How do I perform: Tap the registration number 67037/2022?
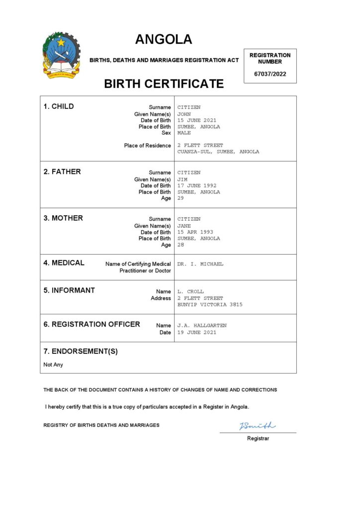pyautogui.click(x=270, y=74)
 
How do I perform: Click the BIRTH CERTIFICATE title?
pyautogui.click(x=164, y=84)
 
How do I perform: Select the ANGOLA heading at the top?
pyautogui.click(x=164, y=39)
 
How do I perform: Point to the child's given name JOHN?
pyautogui.click(x=184, y=114)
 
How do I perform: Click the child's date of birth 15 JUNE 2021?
pyautogui.click(x=197, y=120)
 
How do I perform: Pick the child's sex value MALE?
pyautogui.click(x=184, y=133)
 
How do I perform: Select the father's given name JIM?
pyautogui.click(x=182, y=179)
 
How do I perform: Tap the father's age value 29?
pyautogui.click(x=180, y=198)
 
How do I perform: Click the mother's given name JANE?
pyautogui.click(x=184, y=225)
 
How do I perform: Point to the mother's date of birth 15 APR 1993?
pyautogui.click(x=195, y=232)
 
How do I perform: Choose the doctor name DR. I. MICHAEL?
pyautogui.click(x=200, y=264)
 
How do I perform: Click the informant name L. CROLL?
pyautogui.click(x=190, y=292)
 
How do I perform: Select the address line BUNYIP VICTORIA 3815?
pyautogui.click(x=210, y=305)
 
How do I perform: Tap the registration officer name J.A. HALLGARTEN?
pyautogui.click(x=202, y=326)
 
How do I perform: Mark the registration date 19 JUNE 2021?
pyautogui.click(x=197, y=333)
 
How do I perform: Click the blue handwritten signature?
pyautogui.click(x=257, y=425)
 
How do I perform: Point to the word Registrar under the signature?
pyautogui.click(x=258, y=438)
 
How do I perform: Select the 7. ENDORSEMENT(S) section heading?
pyautogui.click(x=81, y=351)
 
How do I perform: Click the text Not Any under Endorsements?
pyautogui.click(x=53, y=364)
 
